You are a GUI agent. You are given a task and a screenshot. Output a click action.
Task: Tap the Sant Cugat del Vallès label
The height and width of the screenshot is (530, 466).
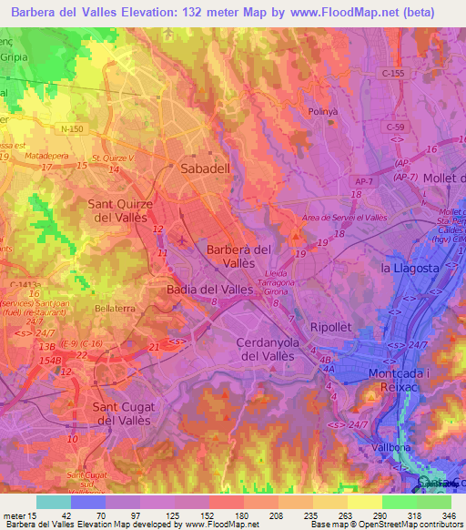[x=125, y=413]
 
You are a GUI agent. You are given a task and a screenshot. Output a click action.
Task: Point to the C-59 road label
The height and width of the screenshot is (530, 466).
[x=394, y=127]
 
